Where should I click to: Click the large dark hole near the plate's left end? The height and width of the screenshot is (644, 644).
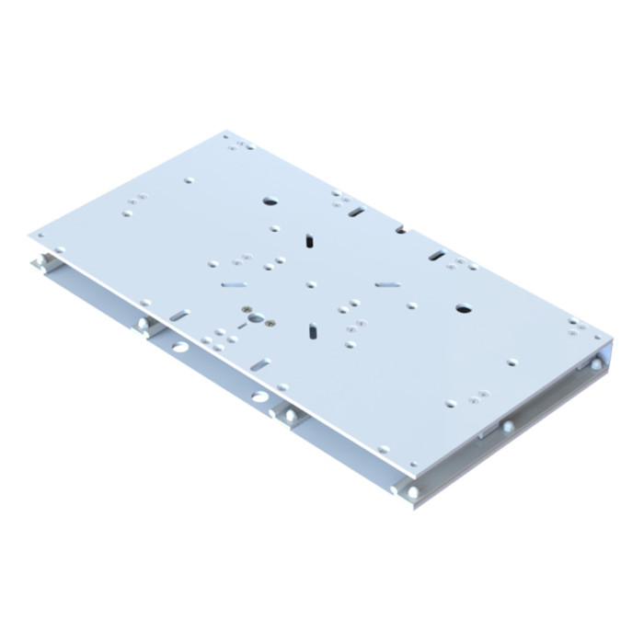270,200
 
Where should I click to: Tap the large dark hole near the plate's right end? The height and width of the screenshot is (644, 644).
463,310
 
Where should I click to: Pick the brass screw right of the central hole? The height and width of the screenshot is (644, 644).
269,323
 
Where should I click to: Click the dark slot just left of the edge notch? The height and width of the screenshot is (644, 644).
355,213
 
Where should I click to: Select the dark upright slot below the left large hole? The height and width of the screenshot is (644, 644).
310,240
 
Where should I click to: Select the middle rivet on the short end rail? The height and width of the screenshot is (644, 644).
506,426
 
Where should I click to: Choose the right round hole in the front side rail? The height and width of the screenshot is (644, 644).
259,397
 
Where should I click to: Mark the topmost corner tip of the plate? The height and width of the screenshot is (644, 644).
227,132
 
